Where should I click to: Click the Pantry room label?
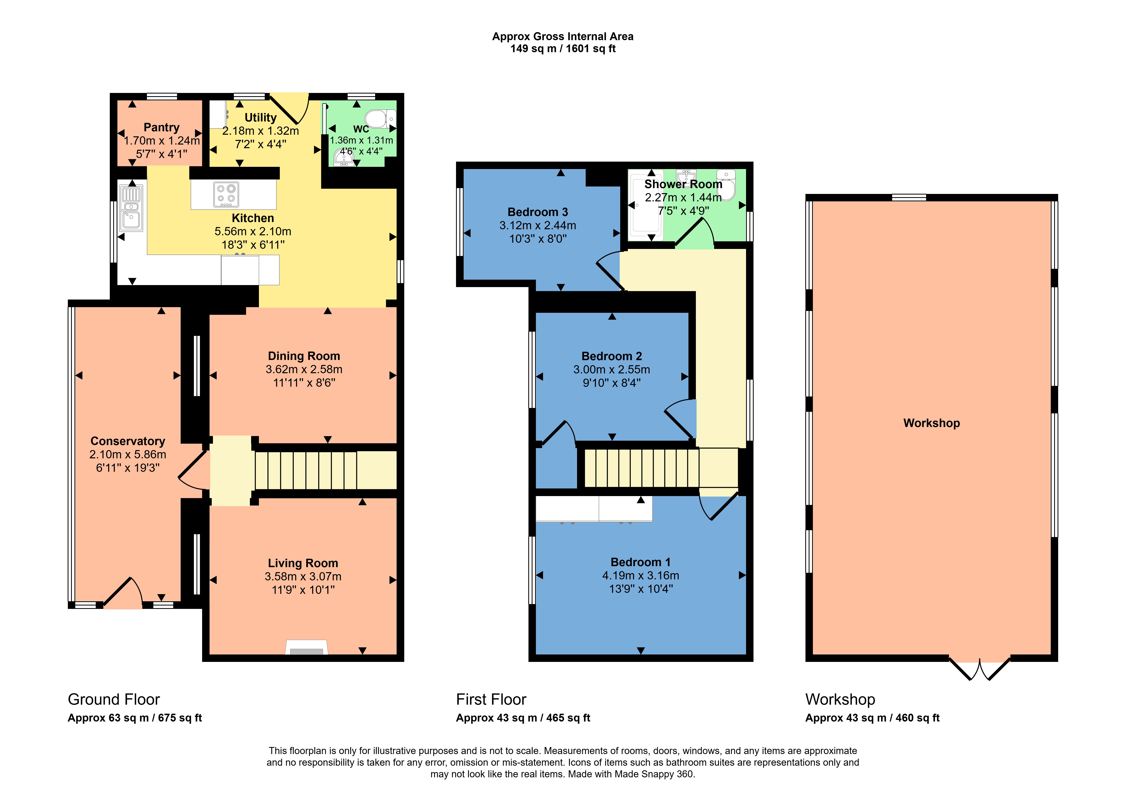tap(161, 127)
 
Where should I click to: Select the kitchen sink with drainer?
tap(131, 208)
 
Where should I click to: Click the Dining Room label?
tap(304, 356)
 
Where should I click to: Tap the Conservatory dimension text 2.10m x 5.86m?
tap(127, 455)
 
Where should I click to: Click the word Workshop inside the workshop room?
tap(931, 423)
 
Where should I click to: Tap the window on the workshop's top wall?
tap(909, 198)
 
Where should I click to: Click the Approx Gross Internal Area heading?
tap(563, 36)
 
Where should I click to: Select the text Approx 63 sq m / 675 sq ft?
tap(135, 718)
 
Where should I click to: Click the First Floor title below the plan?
tap(491, 699)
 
